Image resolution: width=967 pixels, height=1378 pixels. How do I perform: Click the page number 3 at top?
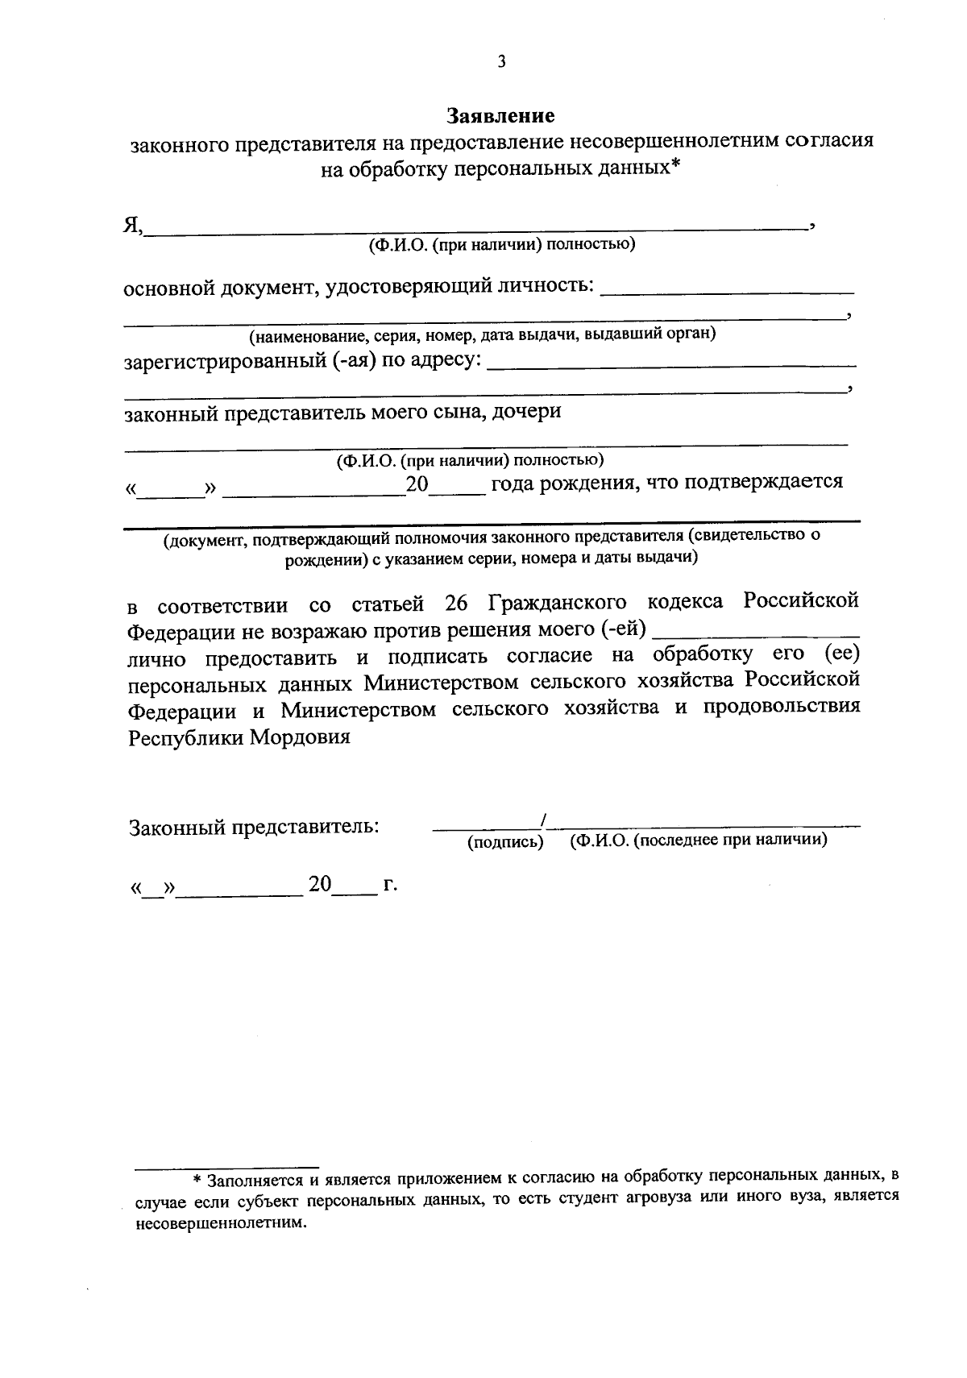click(x=501, y=62)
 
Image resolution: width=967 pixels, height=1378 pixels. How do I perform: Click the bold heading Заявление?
click(x=501, y=116)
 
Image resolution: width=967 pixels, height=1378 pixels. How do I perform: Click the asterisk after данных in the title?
click(x=675, y=167)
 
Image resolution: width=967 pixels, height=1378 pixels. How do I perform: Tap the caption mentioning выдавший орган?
click(x=482, y=334)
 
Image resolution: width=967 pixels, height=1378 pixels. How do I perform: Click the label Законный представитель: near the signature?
click(x=255, y=827)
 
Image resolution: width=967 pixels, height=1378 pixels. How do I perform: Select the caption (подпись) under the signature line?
click(x=505, y=842)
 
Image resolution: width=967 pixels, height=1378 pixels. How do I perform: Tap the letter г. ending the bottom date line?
click(x=391, y=885)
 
